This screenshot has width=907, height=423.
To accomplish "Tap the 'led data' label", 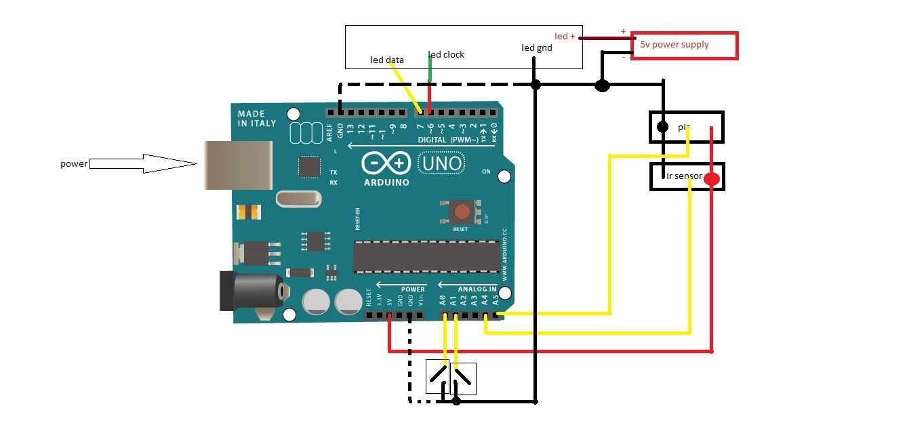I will pyautogui.click(x=386, y=60).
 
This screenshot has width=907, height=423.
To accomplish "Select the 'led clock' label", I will pyautogui.click(x=447, y=54).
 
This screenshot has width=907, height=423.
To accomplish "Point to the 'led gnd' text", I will pyautogui.click(x=536, y=47).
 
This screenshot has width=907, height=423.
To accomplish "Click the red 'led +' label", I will pyautogui.click(x=565, y=36).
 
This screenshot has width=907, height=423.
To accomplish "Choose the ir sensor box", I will pyautogui.click(x=687, y=176).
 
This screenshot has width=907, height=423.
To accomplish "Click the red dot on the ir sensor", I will pyautogui.click(x=711, y=180).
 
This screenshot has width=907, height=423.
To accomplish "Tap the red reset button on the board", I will pyautogui.click(x=462, y=211).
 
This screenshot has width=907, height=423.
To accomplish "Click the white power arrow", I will pyautogui.click(x=143, y=163).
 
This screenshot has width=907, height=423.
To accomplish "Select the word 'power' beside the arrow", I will pyautogui.click(x=73, y=163).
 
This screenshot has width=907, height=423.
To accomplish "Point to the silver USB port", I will pyautogui.click(x=237, y=165).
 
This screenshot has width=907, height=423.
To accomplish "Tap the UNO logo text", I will pyautogui.click(x=441, y=163).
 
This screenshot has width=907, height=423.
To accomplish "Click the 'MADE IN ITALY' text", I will pyautogui.click(x=257, y=118).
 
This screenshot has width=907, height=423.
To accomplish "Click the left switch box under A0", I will pyautogui.click(x=437, y=378).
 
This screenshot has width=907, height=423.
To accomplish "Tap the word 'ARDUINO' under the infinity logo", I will pyautogui.click(x=386, y=182).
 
